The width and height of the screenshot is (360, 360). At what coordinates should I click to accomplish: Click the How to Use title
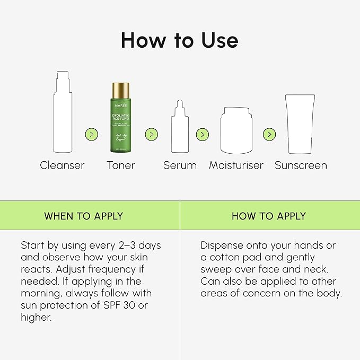pos(180,40)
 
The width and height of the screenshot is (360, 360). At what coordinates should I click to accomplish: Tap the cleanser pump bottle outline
pos(62,114)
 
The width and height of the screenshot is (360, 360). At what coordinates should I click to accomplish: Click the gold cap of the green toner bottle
pos(121,90)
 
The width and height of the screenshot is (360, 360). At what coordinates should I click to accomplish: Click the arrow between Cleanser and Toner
pos(92,135)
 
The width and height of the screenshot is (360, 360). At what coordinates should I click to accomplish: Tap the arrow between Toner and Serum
pos(151,135)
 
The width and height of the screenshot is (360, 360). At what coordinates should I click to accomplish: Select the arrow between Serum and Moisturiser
pos(202,135)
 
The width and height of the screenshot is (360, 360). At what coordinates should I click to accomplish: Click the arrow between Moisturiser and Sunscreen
pos(269,135)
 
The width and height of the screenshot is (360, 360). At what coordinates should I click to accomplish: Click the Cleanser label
pos(62,165)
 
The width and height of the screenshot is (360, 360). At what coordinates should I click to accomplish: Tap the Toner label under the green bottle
pos(121,165)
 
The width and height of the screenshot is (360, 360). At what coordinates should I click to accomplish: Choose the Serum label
pos(180,165)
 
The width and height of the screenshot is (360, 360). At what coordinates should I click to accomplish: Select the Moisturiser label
pos(236,165)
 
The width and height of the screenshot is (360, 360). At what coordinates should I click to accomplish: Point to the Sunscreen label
pos(301,165)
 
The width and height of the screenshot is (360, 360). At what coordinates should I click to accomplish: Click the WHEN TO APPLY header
pos(83,216)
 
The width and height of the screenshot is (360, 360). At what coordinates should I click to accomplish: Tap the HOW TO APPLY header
pos(269,216)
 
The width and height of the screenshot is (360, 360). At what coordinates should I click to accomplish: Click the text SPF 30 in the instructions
pos(140,305)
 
